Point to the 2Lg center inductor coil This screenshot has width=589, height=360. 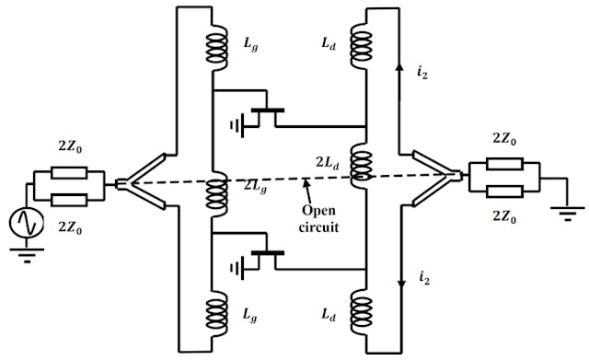point(218,191)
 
